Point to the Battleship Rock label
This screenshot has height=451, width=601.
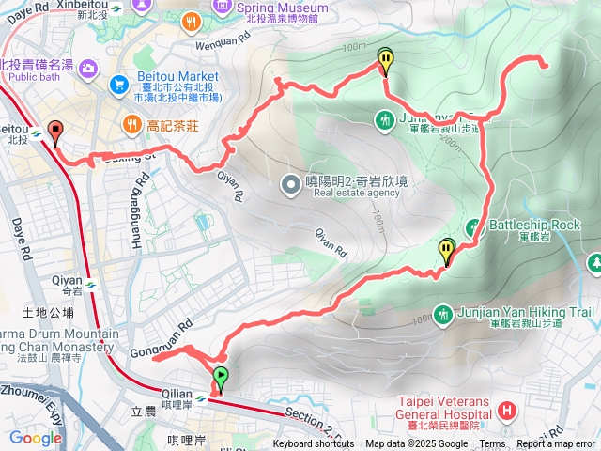(x=534, y=225)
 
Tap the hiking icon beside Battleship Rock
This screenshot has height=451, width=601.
(x=477, y=225)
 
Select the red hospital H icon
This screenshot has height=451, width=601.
(x=508, y=410)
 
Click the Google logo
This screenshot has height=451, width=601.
(x=36, y=438)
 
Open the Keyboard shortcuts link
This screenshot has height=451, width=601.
(x=314, y=444)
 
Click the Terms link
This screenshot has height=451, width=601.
(x=492, y=444)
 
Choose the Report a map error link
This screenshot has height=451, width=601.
(x=557, y=444)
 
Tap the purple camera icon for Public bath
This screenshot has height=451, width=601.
(x=88, y=67)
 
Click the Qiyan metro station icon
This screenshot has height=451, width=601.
(x=90, y=284)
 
